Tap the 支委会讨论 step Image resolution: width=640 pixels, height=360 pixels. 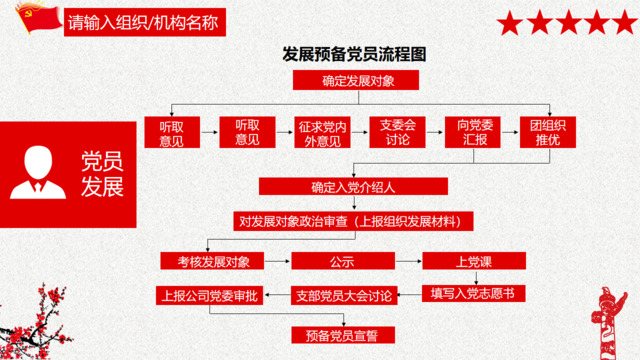397,133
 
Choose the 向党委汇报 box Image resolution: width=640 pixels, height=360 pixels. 470,133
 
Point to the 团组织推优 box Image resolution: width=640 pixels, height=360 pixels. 544,133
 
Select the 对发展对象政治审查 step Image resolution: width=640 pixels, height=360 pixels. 355,220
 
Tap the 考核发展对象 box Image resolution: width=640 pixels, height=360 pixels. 212,262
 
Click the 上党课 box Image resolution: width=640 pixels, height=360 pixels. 471,262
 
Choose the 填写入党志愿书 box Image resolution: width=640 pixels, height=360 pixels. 472,295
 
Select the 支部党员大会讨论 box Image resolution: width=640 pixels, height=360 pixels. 342,295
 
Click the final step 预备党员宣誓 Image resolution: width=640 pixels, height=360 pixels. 342,333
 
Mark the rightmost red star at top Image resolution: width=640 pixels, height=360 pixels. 624,21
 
